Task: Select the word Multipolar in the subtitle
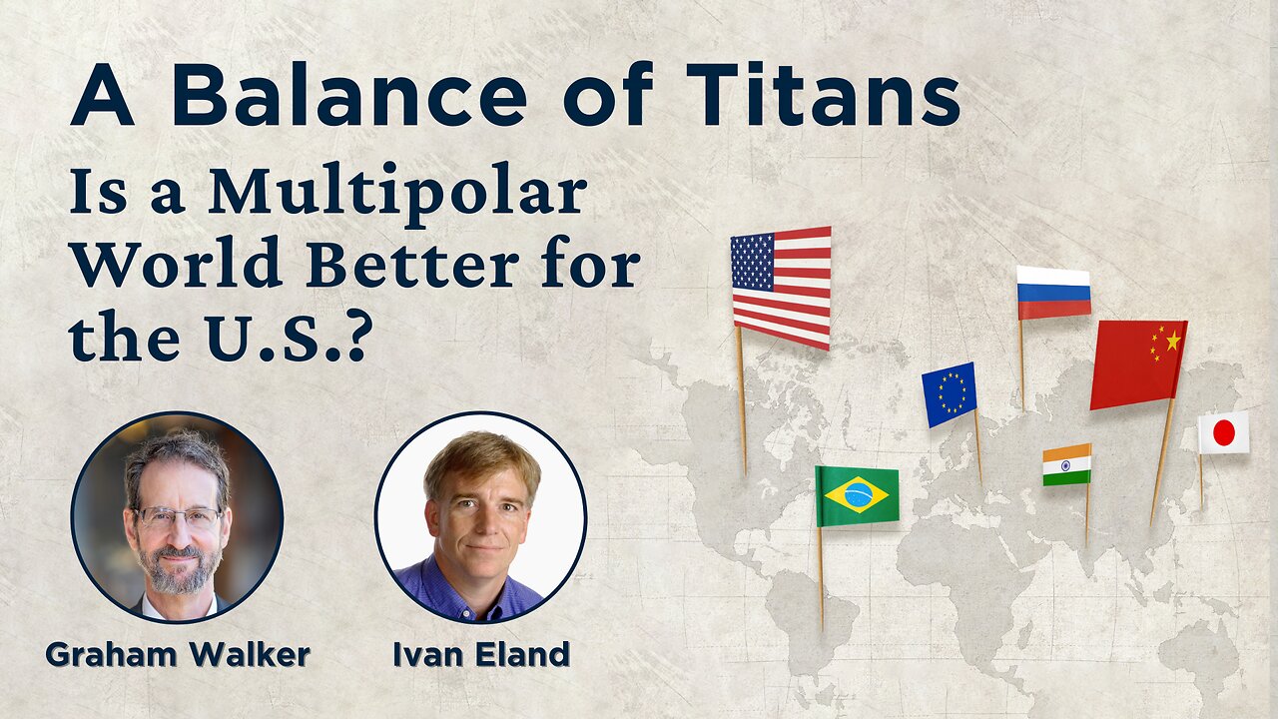pos(397,196)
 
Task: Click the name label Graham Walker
pos(178,654)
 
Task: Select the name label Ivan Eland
pos(481,654)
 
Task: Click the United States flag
pos(781,289)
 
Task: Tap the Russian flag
pos(1053,293)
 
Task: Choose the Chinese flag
pos(1138,364)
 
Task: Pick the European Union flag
pos(949,394)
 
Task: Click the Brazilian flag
pos(857,496)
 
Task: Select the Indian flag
pos(1067,465)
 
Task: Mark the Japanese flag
pos(1224,432)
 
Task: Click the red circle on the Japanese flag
pos(1224,432)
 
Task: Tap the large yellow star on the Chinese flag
pos(1173,342)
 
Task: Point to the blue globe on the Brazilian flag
pos(857,495)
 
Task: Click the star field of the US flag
pos(753,261)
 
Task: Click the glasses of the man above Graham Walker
pos(178,517)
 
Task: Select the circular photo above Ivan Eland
pos(480,517)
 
